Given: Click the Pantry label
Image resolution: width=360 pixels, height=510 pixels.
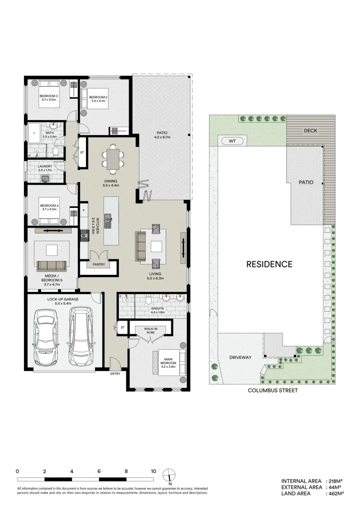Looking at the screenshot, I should click(x=99, y=265).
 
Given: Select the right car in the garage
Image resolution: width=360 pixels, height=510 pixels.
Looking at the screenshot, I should click(x=81, y=336).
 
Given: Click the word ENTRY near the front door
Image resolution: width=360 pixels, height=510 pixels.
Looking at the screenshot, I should click(x=115, y=374).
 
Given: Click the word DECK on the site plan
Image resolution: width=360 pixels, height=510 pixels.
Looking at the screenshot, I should click(x=310, y=131).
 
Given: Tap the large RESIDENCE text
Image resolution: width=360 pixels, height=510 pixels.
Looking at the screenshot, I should click(x=269, y=264).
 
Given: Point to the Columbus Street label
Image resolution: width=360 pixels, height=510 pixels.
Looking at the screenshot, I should click(x=273, y=391).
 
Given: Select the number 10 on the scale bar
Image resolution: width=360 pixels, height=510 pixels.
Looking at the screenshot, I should click(x=153, y=471).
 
